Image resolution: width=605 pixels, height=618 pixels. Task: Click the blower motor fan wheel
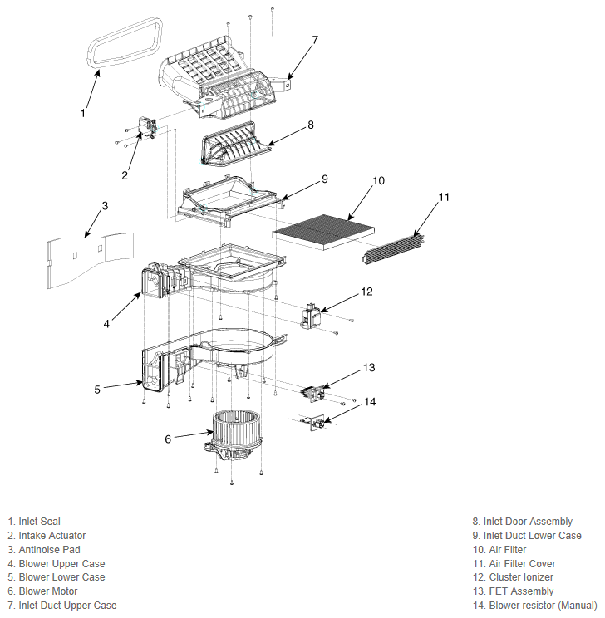pyautogui.click(x=236, y=428)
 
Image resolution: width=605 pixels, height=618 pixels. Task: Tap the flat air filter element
pyautogui.click(x=323, y=233)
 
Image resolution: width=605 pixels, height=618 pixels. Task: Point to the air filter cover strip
pyautogui.click(x=393, y=248)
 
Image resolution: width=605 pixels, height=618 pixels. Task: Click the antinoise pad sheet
pyautogui.click(x=90, y=260)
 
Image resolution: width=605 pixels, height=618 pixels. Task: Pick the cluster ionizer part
pyautogui.click(x=310, y=316)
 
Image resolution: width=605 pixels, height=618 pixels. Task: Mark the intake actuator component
pyautogui.click(x=147, y=126)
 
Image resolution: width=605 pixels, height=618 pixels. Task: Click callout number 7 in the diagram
pyautogui.click(x=315, y=40)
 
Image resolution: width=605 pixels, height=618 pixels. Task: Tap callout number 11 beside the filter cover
pyautogui.click(x=444, y=197)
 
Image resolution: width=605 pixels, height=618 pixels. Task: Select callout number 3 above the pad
pyautogui.click(x=105, y=206)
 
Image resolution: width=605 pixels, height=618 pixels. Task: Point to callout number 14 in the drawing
pyautogui.click(x=370, y=402)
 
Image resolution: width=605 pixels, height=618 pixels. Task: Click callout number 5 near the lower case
pyautogui.click(x=97, y=390)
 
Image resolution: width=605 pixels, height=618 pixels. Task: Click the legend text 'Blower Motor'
pyautogui.click(x=48, y=591)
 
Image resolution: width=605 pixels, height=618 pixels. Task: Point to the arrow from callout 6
pyautogui.click(x=194, y=434)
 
